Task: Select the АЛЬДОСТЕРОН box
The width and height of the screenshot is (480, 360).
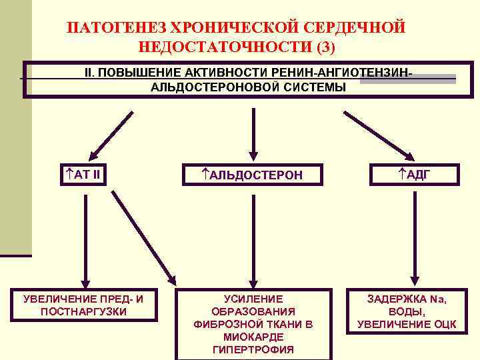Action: [x=253, y=175]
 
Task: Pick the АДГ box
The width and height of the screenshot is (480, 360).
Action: [x=414, y=175]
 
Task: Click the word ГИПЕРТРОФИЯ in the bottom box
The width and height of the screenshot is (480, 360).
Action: [x=253, y=349]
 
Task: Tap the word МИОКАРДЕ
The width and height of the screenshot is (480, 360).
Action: [x=253, y=337]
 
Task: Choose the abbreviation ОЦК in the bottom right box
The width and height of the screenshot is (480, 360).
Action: [x=443, y=324]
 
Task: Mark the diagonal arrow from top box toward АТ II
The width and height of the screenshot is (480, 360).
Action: [x=109, y=133]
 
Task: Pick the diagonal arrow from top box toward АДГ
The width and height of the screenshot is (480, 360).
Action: [x=370, y=133]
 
